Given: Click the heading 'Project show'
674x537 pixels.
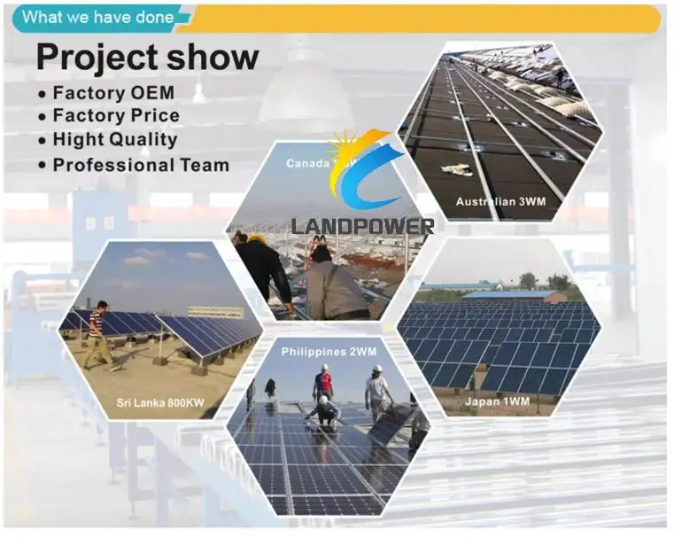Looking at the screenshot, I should tap(147, 57).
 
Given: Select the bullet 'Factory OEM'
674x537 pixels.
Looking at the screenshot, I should tap(112, 92).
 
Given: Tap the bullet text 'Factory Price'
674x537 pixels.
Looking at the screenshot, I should tap(115, 115).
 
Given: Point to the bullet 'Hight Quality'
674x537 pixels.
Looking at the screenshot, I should tap(114, 139).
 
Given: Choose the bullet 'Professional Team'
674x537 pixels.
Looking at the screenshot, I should tap(140, 164).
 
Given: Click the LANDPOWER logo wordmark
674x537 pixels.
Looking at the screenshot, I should tap(362, 226).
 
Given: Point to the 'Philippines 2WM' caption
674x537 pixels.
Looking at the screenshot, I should tap(329, 352).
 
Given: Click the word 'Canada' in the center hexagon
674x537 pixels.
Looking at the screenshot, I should tap(306, 163).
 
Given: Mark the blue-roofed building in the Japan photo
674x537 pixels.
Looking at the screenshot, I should tap(513, 295).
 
